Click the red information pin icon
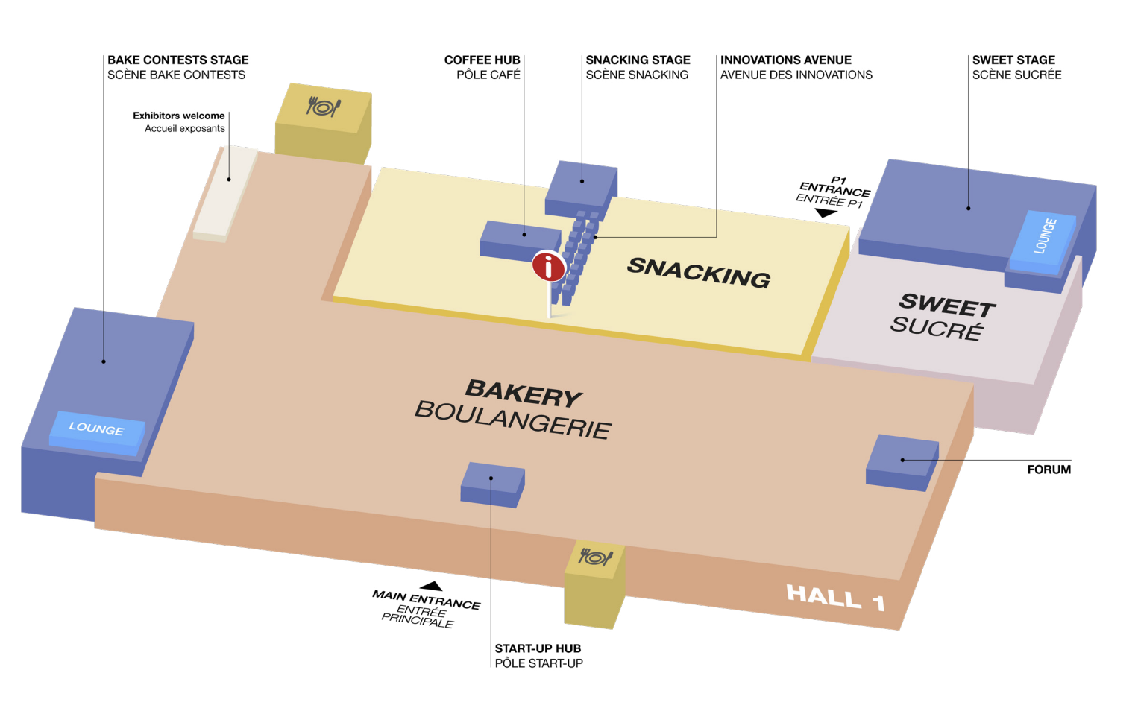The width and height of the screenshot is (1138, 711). point(548,267)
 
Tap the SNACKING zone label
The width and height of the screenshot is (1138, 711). point(699,273)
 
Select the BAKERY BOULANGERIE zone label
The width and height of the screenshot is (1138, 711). point(514,409)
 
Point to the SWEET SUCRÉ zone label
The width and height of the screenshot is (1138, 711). point(943,317)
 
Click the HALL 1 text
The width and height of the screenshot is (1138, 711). point(836,597)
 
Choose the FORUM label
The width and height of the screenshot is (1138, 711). point(1049,470)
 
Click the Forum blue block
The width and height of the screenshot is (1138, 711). point(902,463)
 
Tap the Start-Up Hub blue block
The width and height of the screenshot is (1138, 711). point(492,484)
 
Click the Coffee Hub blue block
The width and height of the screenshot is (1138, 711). point(519,241)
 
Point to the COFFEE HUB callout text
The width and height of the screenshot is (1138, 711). point(482,67)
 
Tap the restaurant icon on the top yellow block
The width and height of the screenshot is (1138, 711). point(323,107)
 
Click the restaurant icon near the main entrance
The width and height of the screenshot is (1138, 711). point(595,557)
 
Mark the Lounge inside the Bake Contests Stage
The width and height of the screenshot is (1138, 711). point(97,431)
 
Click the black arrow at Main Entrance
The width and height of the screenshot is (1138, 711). point(431,586)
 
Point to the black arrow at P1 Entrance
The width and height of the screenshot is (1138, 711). point(826,213)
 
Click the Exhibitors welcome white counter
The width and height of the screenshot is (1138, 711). point(225,193)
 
